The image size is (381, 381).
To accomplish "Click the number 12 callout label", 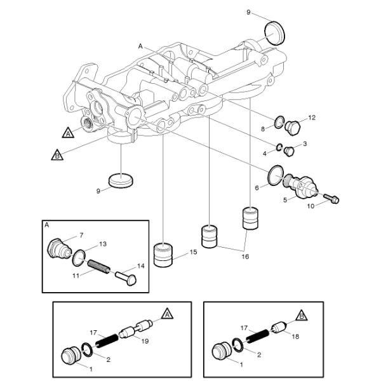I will (312, 117).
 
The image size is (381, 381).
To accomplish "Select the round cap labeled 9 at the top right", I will (274, 32).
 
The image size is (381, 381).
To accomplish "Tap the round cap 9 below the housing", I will (121, 180).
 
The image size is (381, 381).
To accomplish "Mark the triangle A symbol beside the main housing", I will (68, 133).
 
